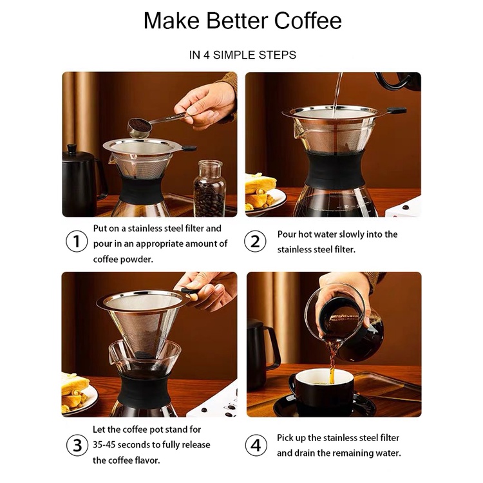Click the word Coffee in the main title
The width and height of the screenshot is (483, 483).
[308, 21]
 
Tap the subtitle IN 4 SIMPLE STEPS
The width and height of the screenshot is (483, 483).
[242, 55]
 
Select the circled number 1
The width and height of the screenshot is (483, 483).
[77, 241]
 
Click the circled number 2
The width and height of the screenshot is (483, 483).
[255, 241]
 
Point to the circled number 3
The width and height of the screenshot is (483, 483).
[77, 445]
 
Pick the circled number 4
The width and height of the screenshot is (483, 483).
[256, 445]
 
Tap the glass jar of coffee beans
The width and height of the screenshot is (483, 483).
[209, 188]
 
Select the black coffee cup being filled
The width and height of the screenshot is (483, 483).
[320, 390]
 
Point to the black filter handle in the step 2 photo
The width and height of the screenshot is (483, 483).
[397, 110]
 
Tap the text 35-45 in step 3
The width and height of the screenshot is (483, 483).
[104, 445]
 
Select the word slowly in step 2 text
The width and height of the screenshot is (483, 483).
[345, 234]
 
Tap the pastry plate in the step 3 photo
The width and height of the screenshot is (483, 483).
[79, 394]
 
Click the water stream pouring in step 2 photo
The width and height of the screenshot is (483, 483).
[337, 92]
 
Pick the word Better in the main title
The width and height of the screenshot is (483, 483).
[237, 21]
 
